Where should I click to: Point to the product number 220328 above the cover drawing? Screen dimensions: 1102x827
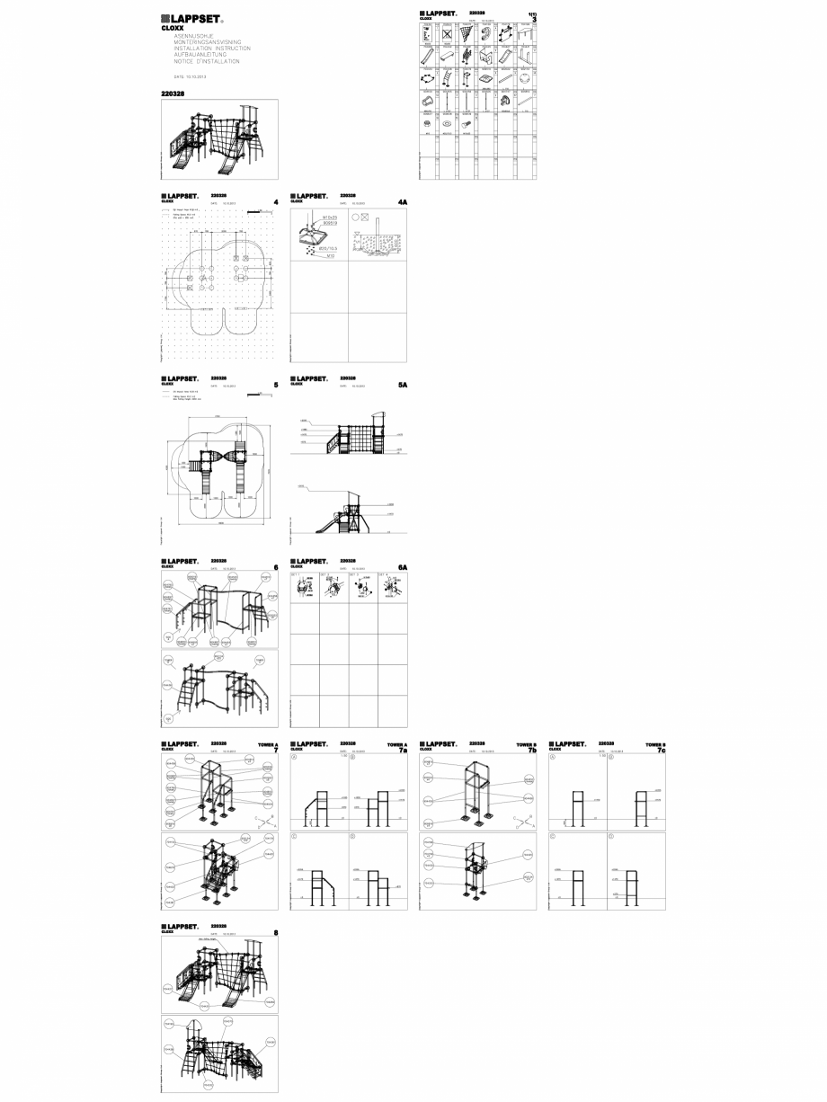point(172,93)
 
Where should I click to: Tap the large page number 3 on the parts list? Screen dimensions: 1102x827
point(533,19)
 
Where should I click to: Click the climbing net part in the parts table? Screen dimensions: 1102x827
point(466,34)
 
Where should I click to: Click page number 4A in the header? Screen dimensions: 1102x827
point(403,203)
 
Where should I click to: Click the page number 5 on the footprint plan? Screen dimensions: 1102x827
point(275,386)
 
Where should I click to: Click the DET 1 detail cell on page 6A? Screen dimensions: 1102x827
point(305,588)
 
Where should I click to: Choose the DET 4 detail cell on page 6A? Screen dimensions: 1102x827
point(393,588)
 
